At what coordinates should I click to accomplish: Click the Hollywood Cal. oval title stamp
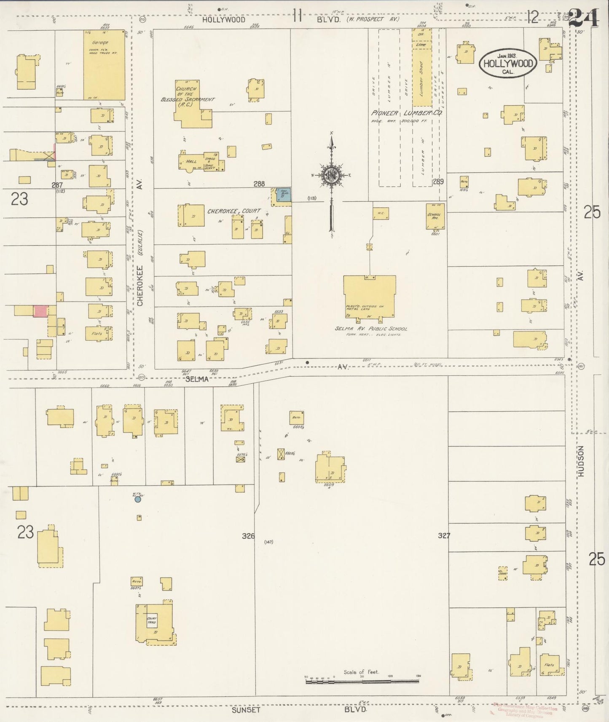(508, 63)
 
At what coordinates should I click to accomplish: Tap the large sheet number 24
(584, 18)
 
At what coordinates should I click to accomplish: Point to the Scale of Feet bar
(362, 679)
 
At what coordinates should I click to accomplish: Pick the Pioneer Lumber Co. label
(407, 113)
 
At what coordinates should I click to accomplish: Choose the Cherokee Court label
(234, 211)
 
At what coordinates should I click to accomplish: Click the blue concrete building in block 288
(283, 195)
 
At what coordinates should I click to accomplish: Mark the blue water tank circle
(137, 500)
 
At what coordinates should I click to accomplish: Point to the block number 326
(248, 536)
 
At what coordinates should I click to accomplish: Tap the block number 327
(444, 536)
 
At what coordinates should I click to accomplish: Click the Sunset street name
(246, 710)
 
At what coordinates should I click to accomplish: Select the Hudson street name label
(582, 461)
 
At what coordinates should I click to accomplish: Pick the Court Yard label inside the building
(152, 620)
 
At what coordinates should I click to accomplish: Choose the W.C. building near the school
(381, 213)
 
